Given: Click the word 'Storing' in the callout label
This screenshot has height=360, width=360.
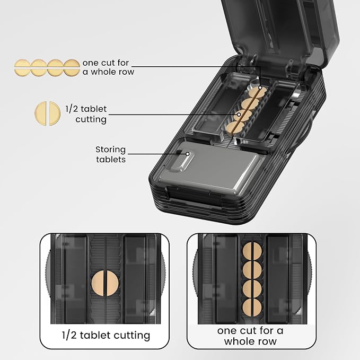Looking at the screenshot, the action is tap(110, 150).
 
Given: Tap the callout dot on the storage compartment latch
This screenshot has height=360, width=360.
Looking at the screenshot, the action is tap(188, 154).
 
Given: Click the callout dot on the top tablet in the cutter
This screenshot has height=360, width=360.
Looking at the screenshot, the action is tap(260, 87).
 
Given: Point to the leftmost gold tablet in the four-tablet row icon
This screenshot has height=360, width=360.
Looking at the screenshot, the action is tap(22, 68).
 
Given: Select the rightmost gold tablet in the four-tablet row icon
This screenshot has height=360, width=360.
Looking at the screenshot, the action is tap(72, 68).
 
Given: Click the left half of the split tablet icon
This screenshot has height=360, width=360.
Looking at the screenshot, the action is tap(41, 113).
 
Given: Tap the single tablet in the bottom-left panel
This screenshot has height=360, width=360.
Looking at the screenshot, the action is tap(105, 283).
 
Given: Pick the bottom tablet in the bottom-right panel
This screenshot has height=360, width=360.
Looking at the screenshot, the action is tap(252, 308).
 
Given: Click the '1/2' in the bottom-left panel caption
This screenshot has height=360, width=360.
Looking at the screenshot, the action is tap(69, 336).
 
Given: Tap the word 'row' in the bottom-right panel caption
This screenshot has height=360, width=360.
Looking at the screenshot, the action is tap(267, 341).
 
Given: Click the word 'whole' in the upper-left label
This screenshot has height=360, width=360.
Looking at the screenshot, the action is tap(103, 72).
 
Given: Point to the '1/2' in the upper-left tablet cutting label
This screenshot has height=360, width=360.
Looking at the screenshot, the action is tap(70, 109).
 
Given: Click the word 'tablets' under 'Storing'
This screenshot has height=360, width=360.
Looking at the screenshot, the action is tap(111, 160).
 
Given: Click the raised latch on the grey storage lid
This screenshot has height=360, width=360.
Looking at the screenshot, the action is tap(182, 160).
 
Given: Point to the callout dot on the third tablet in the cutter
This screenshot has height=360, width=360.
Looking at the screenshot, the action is tap(239, 115).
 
